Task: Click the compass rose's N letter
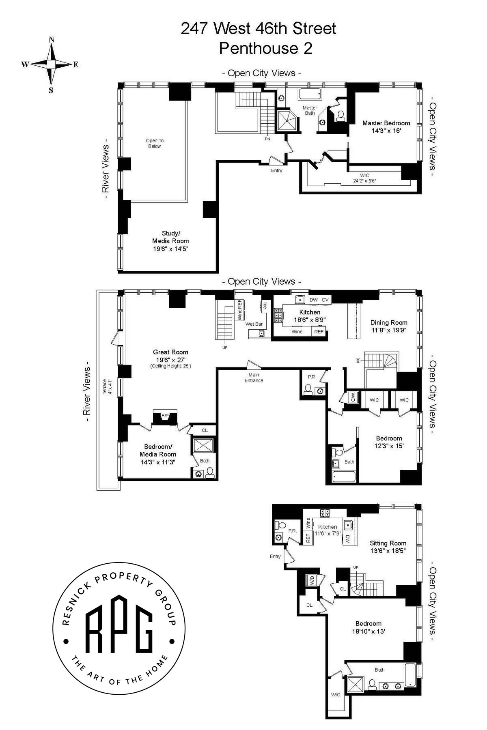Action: point(52,40)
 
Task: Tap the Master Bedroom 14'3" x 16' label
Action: point(386,127)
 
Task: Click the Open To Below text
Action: point(154,144)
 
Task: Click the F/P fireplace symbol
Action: point(165,416)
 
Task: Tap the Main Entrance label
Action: point(254,378)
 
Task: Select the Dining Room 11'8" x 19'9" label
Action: point(388,326)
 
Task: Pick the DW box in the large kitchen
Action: point(313,300)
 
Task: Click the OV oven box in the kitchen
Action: point(325,300)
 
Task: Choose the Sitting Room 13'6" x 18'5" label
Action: point(388,546)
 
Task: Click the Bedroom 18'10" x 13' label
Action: point(368,627)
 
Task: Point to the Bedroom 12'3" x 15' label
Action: point(389,442)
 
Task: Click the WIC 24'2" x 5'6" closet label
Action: point(364,178)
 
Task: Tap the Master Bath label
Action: point(310,110)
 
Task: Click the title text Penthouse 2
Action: point(266,48)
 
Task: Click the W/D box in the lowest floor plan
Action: point(311,580)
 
